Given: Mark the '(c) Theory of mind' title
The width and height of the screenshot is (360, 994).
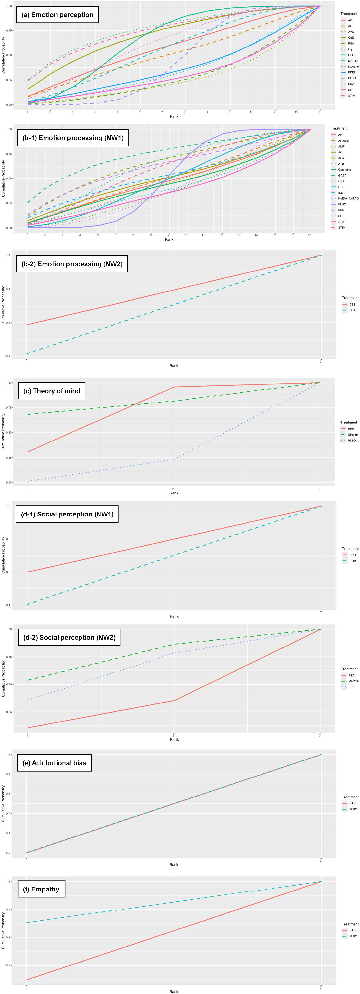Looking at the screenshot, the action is [52, 391].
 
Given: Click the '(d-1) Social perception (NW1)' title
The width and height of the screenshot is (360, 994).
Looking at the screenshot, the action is [67, 514].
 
